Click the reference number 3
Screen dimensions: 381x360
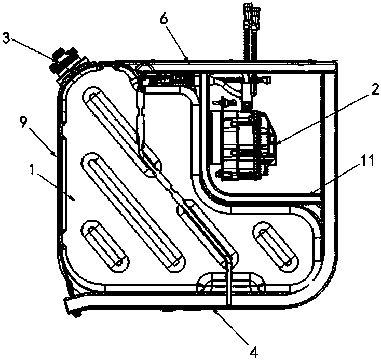pyautogui.click(x=7, y=39)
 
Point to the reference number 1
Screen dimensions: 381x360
pyautogui.click(x=32, y=170)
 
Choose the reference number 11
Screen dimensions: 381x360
pyautogui.click(x=366, y=161)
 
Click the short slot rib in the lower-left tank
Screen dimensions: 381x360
pyautogui.click(x=105, y=246)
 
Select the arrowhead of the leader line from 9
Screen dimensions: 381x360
pyautogui.click(x=56, y=155)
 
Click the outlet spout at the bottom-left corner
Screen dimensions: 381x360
pyautogui.click(x=73, y=303)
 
